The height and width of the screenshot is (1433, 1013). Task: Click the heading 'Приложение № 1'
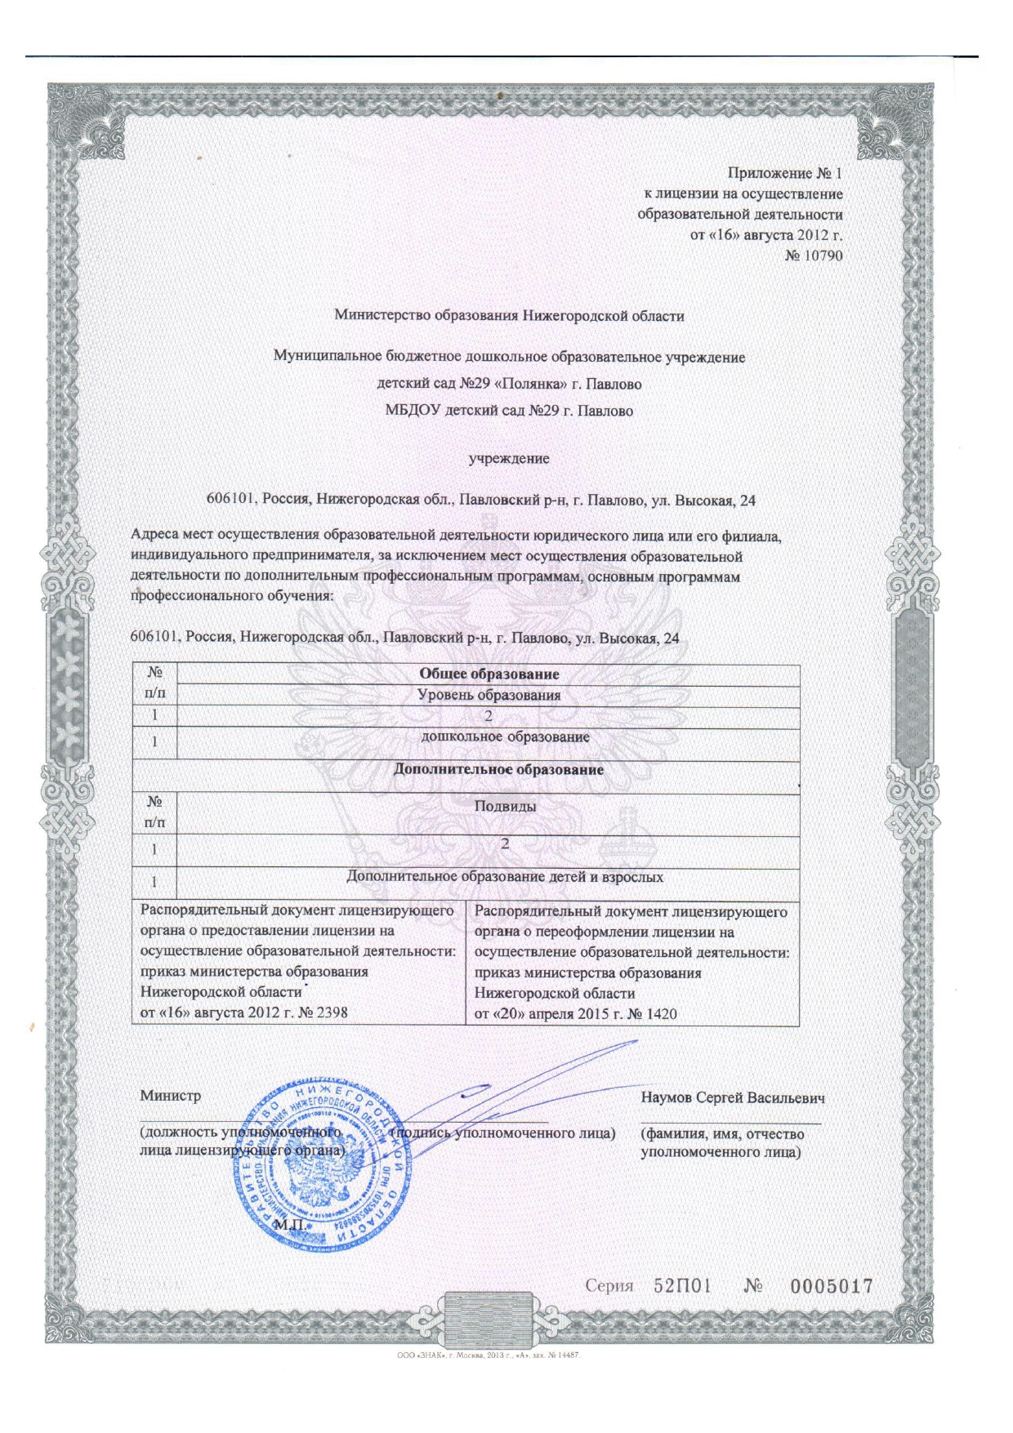(784, 173)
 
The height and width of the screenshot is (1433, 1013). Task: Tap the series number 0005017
(831, 1286)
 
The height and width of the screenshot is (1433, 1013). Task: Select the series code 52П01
(682, 1286)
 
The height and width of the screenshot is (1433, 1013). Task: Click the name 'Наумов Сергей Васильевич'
(733, 1097)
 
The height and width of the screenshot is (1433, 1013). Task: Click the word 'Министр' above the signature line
(170, 1096)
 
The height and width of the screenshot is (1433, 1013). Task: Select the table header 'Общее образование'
(489, 674)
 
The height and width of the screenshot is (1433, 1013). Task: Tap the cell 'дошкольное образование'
(505, 737)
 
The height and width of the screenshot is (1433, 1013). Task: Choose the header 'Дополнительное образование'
(498, 769)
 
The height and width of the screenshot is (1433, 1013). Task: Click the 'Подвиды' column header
(505, 806)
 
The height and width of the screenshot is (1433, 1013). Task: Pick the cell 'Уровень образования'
(489, 696)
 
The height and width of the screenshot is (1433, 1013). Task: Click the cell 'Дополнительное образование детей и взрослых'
(505, 877)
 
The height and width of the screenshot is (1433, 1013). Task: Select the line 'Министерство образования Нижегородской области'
(509, 315)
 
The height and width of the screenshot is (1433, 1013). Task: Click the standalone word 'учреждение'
(508, 458)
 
